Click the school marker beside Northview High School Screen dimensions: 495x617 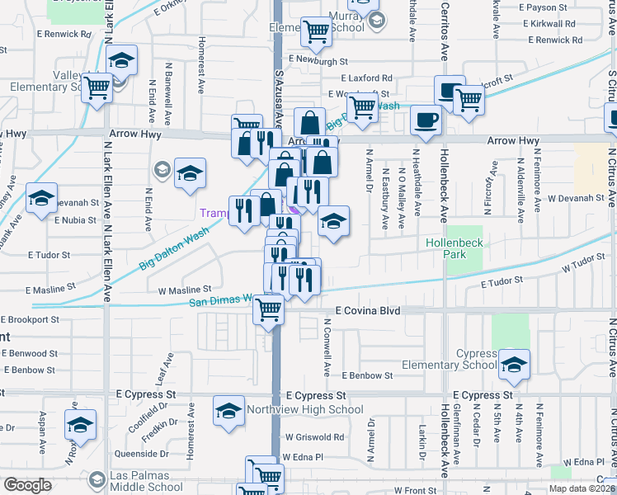tap(229, 410)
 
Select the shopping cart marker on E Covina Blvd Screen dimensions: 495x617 tap(267, 309)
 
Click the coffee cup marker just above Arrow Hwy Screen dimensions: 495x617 tap(426, 120)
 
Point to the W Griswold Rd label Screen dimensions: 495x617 tap(314, 437)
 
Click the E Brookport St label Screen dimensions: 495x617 tap(31, 319)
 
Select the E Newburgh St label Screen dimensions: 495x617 tap(319, 60)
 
